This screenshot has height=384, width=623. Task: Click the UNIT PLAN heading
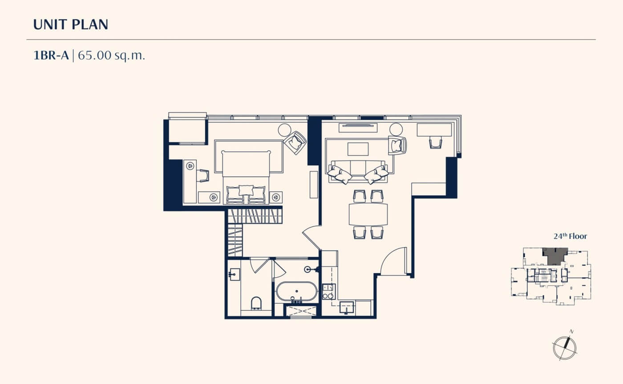[71, 24]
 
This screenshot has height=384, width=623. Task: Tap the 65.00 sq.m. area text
[111, 55]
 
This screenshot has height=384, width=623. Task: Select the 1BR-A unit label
[51, 55]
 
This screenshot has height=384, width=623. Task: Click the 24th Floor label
[570, 236]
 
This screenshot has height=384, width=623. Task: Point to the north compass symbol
[564, 348]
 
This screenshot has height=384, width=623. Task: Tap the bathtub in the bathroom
[296, 292]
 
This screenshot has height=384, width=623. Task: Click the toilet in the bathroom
[256, 304]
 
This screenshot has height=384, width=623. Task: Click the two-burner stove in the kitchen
[328, 291]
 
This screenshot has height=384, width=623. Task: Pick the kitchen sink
[347, 307]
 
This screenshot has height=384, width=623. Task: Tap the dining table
[368, 214]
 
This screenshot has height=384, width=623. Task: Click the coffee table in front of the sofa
[358, 149]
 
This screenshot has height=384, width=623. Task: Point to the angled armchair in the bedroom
[295, 143]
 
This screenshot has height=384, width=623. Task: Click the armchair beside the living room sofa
[397, 145]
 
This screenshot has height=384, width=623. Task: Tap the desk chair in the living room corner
[436, 142]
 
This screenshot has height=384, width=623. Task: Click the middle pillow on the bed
[246, 190]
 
